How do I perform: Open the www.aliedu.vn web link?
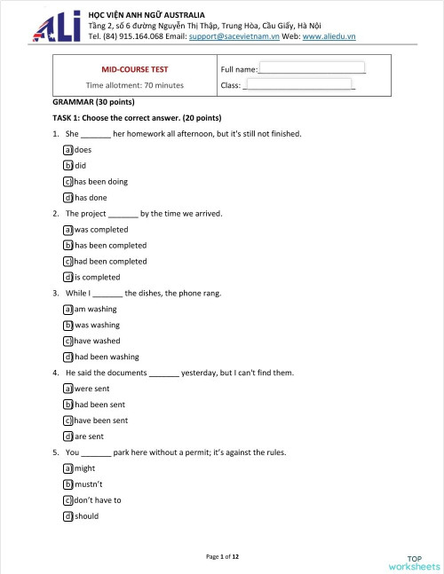[x=329, y=37]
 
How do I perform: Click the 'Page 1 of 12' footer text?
[x=222, y=556]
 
